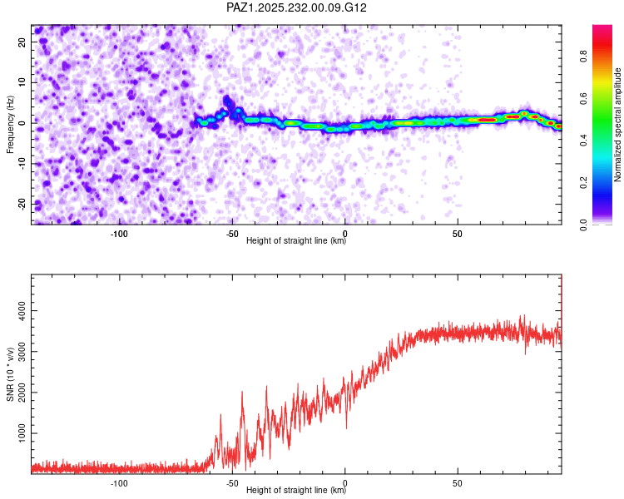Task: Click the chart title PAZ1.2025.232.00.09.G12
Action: [296, 7]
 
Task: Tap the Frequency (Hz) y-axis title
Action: [10, 125]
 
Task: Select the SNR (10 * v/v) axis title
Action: [10, 374]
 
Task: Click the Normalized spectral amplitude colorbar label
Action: [617, 125]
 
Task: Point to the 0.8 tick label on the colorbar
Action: [583, 56]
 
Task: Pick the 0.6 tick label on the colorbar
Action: [583, 98]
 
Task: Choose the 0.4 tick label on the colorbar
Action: [583, 140]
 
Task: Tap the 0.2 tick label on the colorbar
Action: [583, 182]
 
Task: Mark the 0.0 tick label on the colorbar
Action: [583, 225]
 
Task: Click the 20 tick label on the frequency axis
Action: [22, 42]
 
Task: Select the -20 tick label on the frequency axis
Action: [22, 204]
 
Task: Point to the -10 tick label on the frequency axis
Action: [22, 164]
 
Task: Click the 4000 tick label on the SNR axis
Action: [22, 311]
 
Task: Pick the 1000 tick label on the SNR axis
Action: [22, 433]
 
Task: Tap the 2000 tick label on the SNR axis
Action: [22, 393]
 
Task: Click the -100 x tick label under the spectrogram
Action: [119, 234]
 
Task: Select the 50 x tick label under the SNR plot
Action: [458, 483]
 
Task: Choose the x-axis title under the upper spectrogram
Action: [296, 240]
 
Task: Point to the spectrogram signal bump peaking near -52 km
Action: [227, 101]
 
